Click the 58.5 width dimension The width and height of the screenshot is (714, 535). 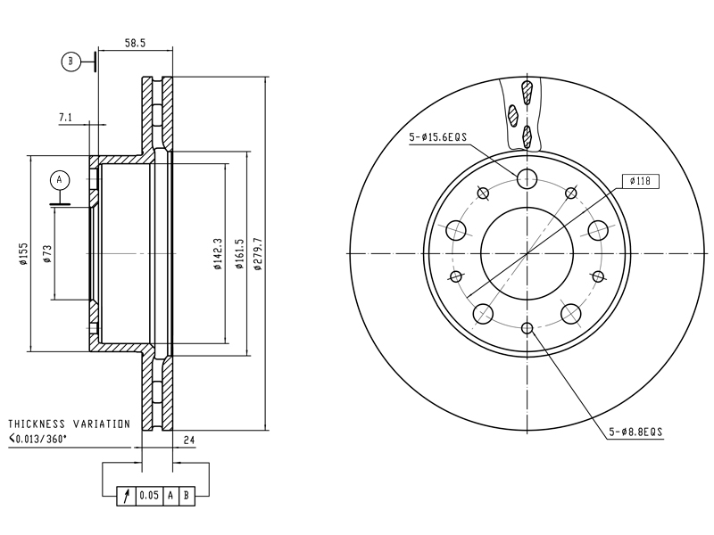point(135,43)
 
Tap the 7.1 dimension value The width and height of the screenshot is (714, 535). point(65,118)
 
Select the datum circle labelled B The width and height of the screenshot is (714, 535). point(71,61)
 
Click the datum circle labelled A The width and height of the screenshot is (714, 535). point(59,180)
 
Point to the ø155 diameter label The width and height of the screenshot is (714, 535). point(23,254)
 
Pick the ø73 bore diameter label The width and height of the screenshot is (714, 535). point(47,254)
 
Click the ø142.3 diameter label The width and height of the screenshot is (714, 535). point(218,254)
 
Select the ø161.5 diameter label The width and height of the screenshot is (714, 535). point(239,254)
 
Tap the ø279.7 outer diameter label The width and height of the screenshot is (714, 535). point(258,254)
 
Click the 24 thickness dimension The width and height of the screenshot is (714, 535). point(189,440)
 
